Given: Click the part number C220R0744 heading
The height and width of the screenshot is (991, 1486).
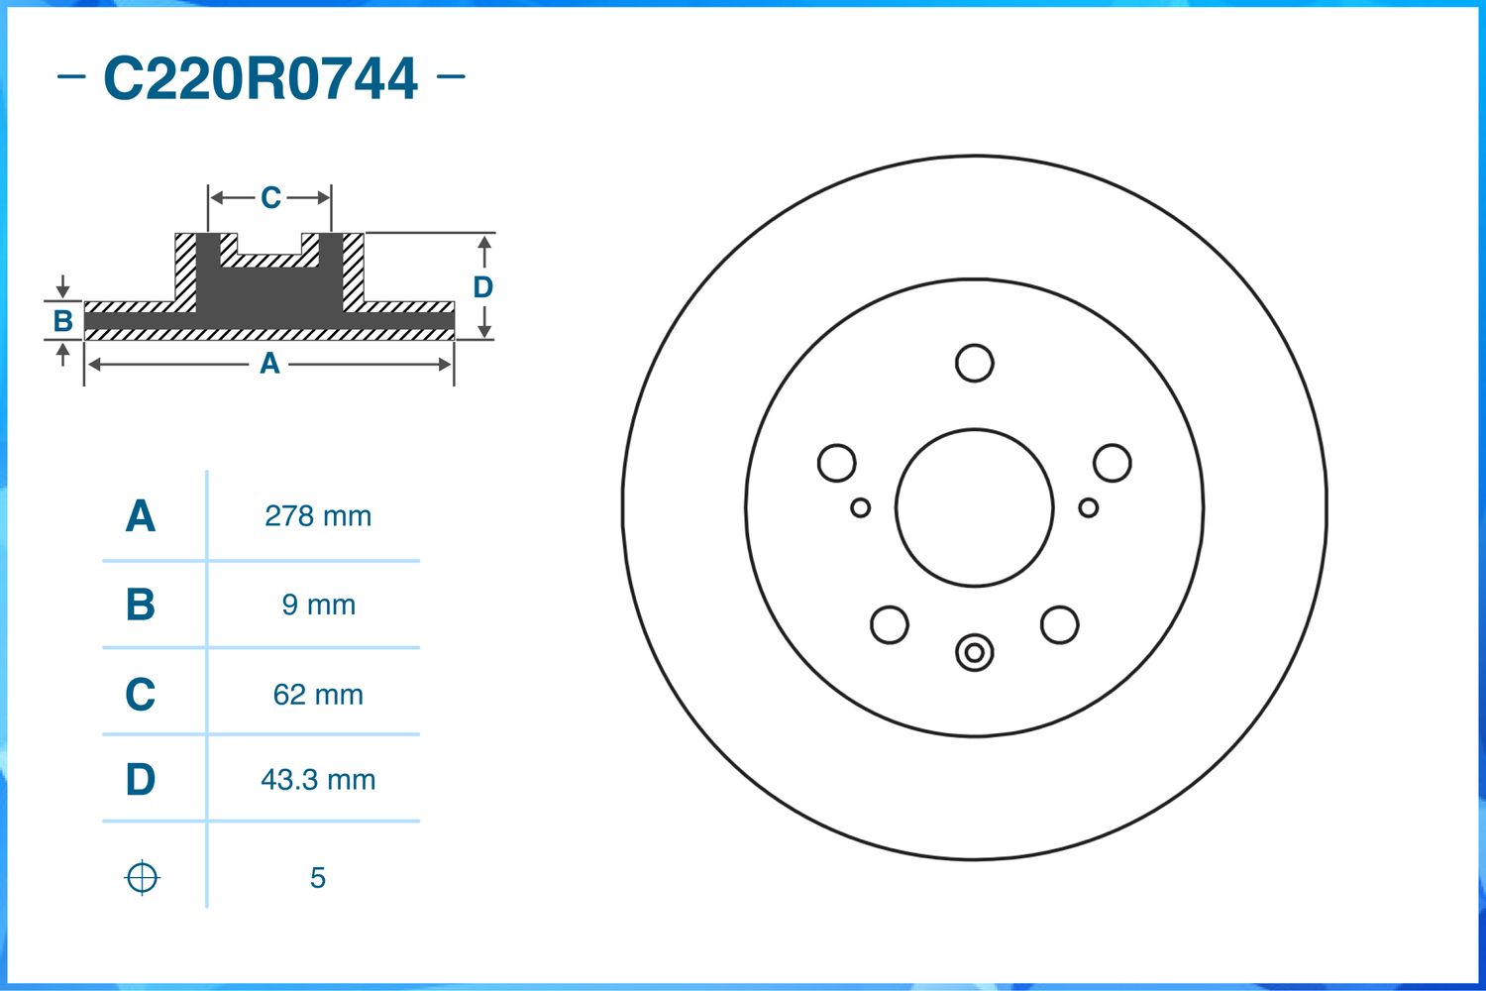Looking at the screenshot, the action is [x=260, y=79].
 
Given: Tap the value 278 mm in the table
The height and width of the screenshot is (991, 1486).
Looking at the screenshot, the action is [x=318, y=516].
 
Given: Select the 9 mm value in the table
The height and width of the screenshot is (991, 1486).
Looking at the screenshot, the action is [x=318, y=605].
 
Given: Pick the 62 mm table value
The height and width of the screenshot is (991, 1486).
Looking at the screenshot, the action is [x=318, y=695].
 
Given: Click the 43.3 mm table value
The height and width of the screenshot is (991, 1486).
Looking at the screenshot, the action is [x=318, y=779].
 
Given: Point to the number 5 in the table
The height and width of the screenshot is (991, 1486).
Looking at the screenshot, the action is [x=318, y=877].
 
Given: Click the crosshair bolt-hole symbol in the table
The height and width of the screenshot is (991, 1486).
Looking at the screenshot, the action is [x=142, y=878].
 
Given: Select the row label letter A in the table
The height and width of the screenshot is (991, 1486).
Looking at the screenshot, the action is [x=141, y=515].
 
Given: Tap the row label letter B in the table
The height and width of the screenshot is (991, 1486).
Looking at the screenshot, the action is [x=141, y=605].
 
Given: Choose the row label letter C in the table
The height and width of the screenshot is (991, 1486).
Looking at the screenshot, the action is [x=141, y=694].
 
